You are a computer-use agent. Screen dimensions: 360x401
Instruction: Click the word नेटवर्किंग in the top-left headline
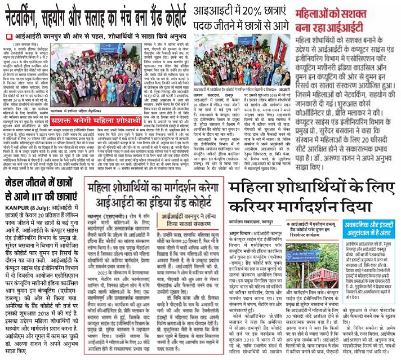tap(25, 15)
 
